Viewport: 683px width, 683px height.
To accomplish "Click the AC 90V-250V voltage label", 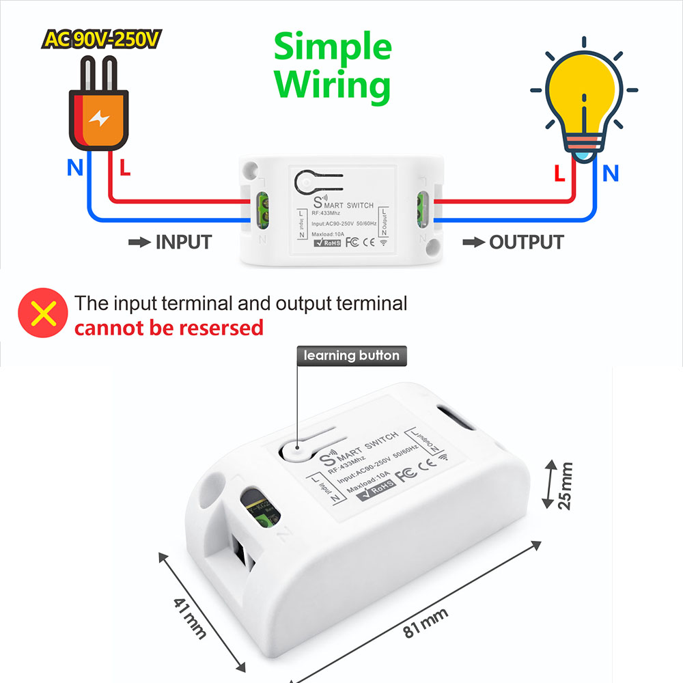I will coord(101,39).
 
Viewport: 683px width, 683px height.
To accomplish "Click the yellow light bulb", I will coord(584,102).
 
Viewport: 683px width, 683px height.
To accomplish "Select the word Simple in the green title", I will coord(333,48).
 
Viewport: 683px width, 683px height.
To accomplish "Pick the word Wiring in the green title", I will coord(333,85).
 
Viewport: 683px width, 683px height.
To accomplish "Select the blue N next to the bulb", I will coord(610,173).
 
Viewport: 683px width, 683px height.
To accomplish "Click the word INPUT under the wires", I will coord(184,242).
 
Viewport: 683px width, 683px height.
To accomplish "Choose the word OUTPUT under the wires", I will coord(526,242).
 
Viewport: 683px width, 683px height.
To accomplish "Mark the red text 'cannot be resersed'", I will coord(169,328).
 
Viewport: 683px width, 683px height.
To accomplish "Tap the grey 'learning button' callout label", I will coord(351,355).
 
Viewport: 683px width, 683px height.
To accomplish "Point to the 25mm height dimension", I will coord(564,485).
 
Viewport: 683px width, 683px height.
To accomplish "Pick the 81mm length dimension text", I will coord(425,622).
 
